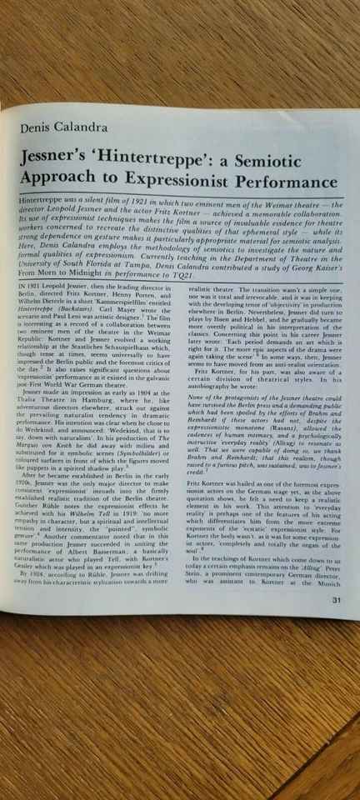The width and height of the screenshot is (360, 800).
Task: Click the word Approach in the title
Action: pyautogui.click(x=63, y=182)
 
